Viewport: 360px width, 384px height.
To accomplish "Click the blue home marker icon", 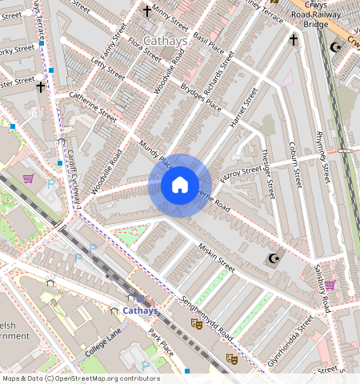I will [x=180, y=186].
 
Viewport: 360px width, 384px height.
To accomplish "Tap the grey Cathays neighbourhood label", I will [x=166, y=40].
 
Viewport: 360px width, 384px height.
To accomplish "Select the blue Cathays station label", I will [x=140, y=310].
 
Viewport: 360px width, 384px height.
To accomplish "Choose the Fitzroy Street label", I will [x=241, y=173].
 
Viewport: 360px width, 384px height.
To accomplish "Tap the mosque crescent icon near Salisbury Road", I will [x=274, y=258].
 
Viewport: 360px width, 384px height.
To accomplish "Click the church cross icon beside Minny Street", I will [x=146, y=10].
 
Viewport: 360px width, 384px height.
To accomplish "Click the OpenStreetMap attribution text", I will [x=81, y=378].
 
